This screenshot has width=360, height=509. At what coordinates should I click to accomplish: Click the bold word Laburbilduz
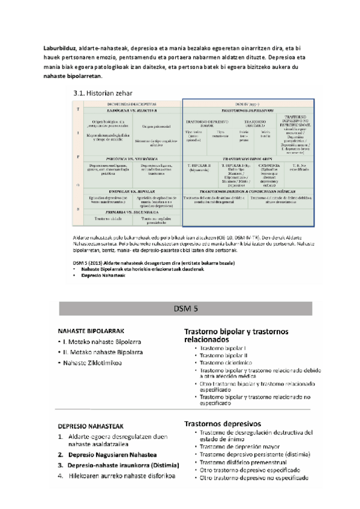pos(59,47)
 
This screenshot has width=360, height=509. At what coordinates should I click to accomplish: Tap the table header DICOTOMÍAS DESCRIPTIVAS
pos(130,103)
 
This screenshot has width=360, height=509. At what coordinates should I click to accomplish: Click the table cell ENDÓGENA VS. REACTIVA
pos(130,110)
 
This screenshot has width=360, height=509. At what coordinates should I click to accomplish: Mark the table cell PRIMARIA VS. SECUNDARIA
pos(130,211)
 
